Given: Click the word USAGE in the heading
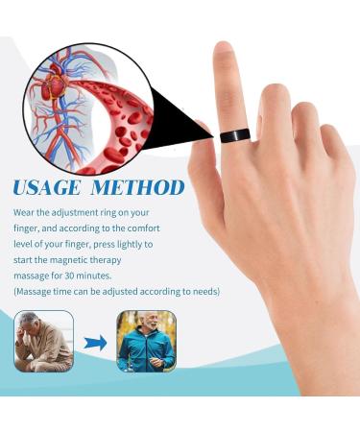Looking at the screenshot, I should click(x=52, y=185).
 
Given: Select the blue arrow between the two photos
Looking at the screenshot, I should click(x=95, y=342).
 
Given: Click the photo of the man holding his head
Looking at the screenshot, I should click(x=43, y=341).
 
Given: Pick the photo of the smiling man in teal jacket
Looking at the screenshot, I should click(x=146, y=341).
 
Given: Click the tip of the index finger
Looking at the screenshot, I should click(x=225, y=50).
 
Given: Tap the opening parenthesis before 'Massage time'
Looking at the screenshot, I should click(x=15, y=291).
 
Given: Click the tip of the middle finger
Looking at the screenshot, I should click(x=276, y=92).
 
